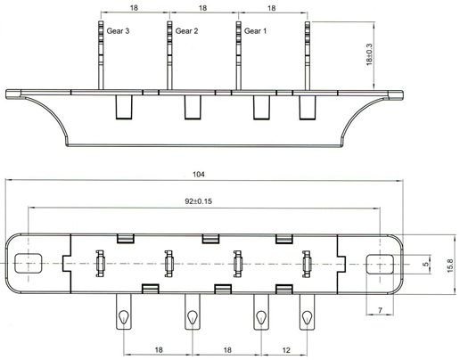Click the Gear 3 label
(x=118, y=31)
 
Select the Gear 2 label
(x=186, y=31)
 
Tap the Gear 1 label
(x=255, y=31)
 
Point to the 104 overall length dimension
(x=199, y=174)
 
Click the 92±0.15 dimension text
(x=199, y=201)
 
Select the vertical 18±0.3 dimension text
(x=369, y=54)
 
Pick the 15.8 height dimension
(x=450, y=266)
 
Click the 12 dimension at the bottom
(x=286, y=350)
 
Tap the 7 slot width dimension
(x=380, y=310)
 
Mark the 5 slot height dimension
(x=426, y=264)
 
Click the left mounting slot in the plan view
(x=29, y=264)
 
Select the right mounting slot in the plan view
(x=380, y=264)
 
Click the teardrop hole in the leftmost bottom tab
(x=123, y=317)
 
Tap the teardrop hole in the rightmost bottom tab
(x=307, y=317)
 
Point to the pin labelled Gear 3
(x=101, y=55)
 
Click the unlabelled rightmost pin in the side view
(x=308, y=55)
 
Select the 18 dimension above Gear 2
(x=202, y=8)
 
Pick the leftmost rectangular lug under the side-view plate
(x=124, y=107)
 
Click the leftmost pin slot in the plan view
(x=100, y=264)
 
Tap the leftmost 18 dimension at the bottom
(x=159, y=349)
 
